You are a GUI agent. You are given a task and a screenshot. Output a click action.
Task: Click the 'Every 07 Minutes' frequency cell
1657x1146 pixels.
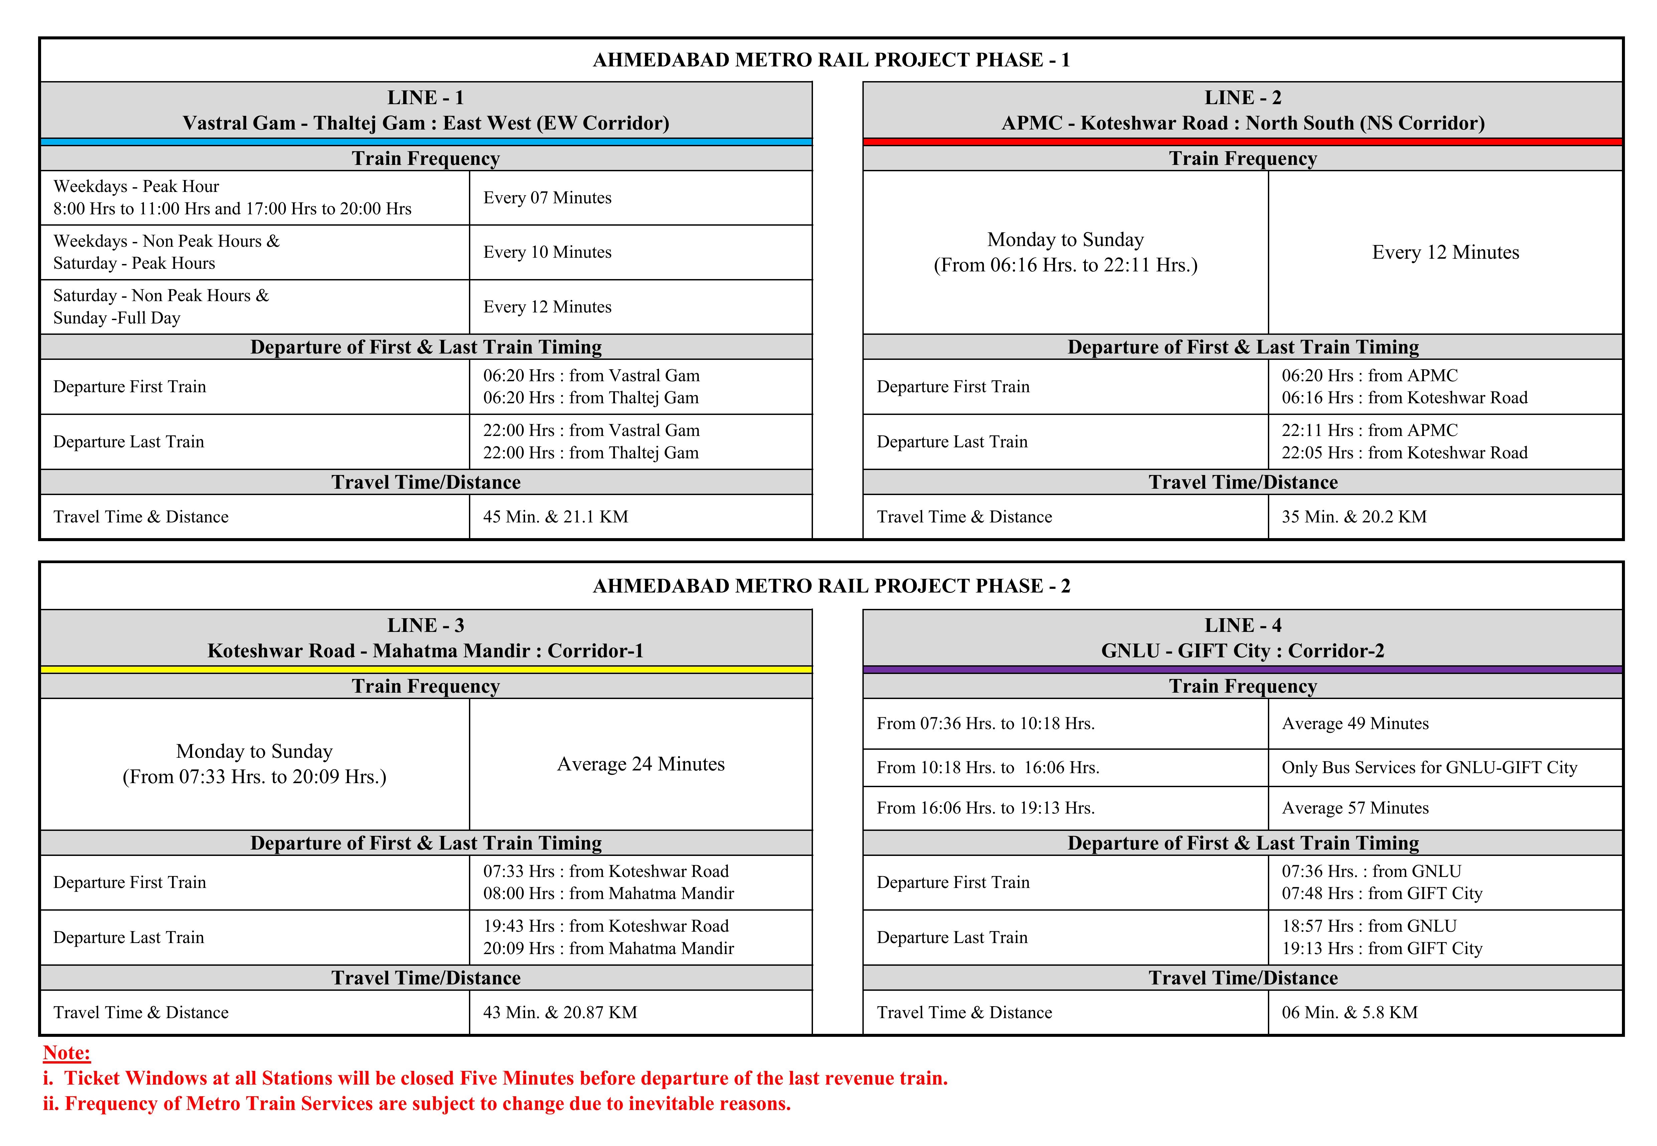pos(547,198)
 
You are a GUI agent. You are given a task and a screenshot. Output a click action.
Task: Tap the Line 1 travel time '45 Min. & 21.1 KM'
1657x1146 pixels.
pos(555,517)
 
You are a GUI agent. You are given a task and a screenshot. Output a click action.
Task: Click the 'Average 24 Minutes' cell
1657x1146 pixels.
pos(641,764)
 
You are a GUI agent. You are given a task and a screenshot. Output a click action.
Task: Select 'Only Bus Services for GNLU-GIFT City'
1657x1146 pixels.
pos(1429,767)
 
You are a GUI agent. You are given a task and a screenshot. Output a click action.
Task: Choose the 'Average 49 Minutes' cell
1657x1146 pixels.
pos(1355,724)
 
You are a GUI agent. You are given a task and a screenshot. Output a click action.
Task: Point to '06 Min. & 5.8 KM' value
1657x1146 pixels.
pos(1350,1012)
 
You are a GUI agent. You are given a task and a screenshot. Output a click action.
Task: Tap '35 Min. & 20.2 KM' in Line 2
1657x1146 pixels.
pos(1354,517)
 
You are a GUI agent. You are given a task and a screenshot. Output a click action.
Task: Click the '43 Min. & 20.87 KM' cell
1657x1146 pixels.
pos(560,1012)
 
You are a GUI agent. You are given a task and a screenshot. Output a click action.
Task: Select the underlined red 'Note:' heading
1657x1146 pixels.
pos(67,1054)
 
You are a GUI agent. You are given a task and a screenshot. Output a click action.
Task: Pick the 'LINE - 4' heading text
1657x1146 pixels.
pos(1242,626)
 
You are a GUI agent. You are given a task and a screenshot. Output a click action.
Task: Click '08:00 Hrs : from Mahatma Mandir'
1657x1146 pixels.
pos(608,894)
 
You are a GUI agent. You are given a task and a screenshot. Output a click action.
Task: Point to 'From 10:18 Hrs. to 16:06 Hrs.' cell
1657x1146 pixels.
pos(988,767)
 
